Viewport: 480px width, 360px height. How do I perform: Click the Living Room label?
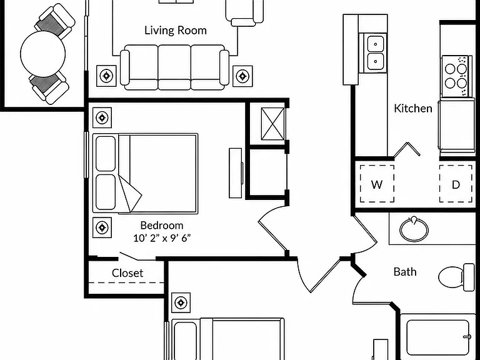coord(176,30)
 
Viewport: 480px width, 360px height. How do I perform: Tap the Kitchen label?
coord(413,108)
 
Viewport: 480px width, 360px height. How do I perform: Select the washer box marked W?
coord(377,184)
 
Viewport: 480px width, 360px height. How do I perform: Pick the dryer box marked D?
coord(456,184)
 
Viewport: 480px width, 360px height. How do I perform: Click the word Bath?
coord(405,272)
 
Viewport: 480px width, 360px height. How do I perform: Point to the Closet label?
coord(127,273)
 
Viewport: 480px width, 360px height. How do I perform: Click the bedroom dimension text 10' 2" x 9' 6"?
coord(162,238)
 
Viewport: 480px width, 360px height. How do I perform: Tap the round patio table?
coord(43,54)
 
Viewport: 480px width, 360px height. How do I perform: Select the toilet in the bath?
coord(456,277)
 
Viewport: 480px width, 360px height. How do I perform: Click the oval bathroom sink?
coord(414,229)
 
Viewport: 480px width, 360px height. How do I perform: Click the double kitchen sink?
coord(375,53)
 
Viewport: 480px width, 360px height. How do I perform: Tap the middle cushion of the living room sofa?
coord(174,67)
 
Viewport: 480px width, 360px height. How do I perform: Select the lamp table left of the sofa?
coord(106,76)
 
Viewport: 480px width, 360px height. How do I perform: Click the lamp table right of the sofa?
coord(242,76)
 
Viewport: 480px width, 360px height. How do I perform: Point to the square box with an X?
coord(272,124)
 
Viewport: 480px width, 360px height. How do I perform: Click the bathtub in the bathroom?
coord(437,337)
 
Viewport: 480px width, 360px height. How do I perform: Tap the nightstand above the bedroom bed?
coord(102,117)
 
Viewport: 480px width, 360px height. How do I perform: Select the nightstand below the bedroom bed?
coord(102,227)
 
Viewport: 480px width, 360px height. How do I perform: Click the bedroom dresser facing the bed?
coord(236,173)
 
